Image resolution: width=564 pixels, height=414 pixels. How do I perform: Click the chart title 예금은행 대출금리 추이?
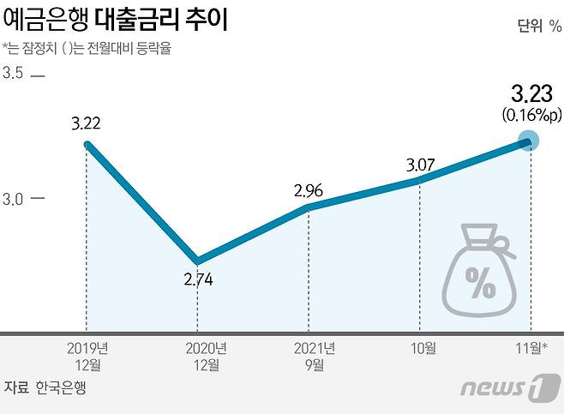click(116, 20)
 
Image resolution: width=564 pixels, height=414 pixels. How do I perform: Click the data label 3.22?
click(87, 123)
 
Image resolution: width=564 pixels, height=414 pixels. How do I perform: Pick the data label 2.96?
click(308, 189)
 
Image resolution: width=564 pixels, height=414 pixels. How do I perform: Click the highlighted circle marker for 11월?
click(530, 141)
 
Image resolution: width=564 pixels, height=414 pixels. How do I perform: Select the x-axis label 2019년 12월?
click(87, 357)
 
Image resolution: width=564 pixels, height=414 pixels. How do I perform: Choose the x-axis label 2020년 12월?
click(198, 357)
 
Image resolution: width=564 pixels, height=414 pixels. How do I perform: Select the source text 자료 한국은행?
click(45, 387)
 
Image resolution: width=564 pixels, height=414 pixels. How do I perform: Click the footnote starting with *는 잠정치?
click(87, 48)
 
